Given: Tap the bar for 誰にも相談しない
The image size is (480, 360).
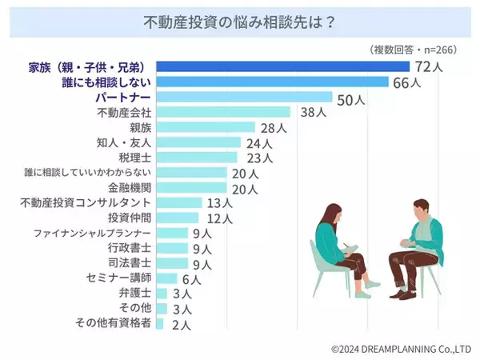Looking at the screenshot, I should (272, 82).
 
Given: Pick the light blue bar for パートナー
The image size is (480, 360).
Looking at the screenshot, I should (243, 97).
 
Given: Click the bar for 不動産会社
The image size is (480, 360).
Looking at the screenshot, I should (223, 112).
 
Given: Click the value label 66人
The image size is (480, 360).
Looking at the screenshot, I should (406, 82).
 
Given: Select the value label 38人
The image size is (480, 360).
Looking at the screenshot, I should (309, 112).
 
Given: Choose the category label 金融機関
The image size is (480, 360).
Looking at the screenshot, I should (127, 188).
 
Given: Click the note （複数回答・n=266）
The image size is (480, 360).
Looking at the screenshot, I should (414, 49).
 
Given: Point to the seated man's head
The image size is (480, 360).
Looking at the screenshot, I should (422, 210).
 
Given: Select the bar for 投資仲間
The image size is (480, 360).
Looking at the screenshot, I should (178, 218).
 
